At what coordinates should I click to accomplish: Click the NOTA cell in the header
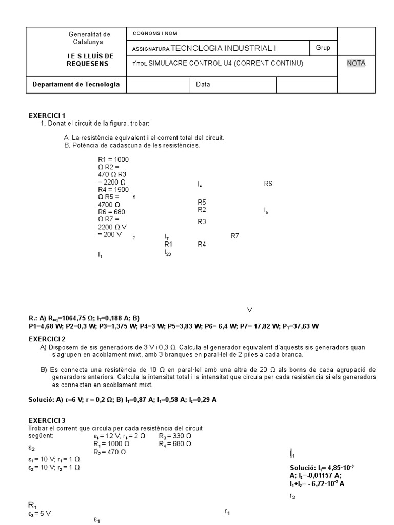click(356, 63)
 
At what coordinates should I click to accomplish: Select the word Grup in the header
click(323, 48)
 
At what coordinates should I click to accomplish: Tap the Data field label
click(203, 84)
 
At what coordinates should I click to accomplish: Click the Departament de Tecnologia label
click(76, 84)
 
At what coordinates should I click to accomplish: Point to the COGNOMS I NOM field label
click(155, 33)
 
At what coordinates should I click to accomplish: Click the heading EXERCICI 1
click(47, 116)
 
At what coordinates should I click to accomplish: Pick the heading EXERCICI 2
click(47, 339)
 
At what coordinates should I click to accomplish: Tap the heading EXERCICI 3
click(47, 420)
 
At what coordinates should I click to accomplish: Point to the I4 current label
click(200, 184)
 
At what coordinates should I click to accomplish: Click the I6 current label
click(266, 210)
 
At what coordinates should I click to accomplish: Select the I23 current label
click(168, 252)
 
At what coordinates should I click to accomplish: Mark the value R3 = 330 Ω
click(175, 436)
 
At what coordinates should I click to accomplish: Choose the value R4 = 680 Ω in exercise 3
click(175, 443)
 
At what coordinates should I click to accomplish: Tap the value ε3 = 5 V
click(40, 513)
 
